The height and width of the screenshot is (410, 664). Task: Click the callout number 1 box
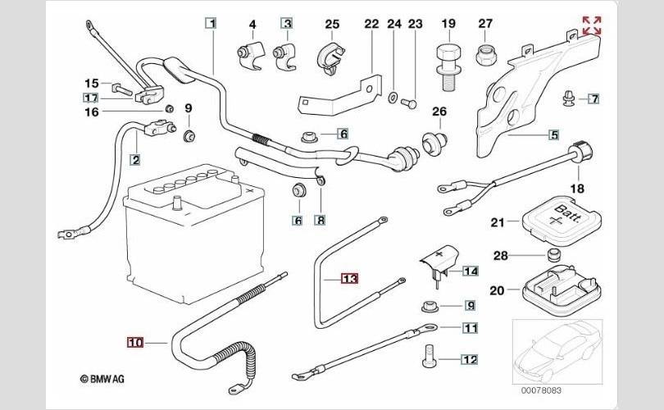tap(211, 24)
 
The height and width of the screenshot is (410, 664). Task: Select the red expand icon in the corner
tap(590, 25)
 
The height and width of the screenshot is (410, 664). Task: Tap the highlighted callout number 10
tap(135, 342)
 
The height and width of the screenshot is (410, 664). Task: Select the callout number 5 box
tap(553, 134)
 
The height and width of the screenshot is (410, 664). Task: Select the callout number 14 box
tap(470, 271)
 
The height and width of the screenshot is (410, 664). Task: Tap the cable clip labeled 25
tap(330, 54)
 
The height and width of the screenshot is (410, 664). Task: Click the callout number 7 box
tap(594, 99)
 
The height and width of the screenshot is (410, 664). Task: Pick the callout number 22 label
tap(371, 24)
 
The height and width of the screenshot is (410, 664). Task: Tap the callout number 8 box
tap(320, 220)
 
